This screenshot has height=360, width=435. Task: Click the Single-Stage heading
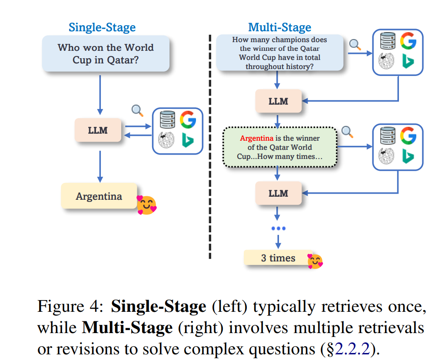click(x=102, y=27)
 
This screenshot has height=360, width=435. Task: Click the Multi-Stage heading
click(x=280, y=27)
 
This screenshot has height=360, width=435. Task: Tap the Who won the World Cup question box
click(x=106, y=53)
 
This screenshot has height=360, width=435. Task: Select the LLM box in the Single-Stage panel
click(x=98, y=130)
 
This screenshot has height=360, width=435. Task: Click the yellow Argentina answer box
click(x=99, y=196)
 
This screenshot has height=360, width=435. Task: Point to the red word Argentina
click(x=257, y=138)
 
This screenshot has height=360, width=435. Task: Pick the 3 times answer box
click(x=278, y=258)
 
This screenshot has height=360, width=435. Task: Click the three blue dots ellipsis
click(x=278, y=228)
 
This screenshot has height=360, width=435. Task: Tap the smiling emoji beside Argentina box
click(x=146, y=205)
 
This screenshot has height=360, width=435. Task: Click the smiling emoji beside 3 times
click(x=315, y=261)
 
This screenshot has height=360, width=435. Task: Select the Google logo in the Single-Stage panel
click(x=188, y=120)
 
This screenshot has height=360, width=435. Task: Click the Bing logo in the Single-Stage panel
click(x=188, y=140)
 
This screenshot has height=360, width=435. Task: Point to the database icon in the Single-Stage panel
click(x=167, y=120)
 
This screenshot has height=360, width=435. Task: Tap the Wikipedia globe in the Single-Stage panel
click(x=166, y=140)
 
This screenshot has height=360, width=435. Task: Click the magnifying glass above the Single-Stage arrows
click(x=138, y=111)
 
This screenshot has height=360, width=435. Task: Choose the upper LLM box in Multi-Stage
click(x=278, y=101)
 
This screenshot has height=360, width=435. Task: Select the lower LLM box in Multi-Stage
click(x=278, y=193)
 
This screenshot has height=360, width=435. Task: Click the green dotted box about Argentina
click(x=280, y=147)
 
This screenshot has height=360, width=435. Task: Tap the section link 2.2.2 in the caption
click(x=352, y=348)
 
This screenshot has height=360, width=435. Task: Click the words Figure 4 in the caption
click(x=70, y=307)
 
